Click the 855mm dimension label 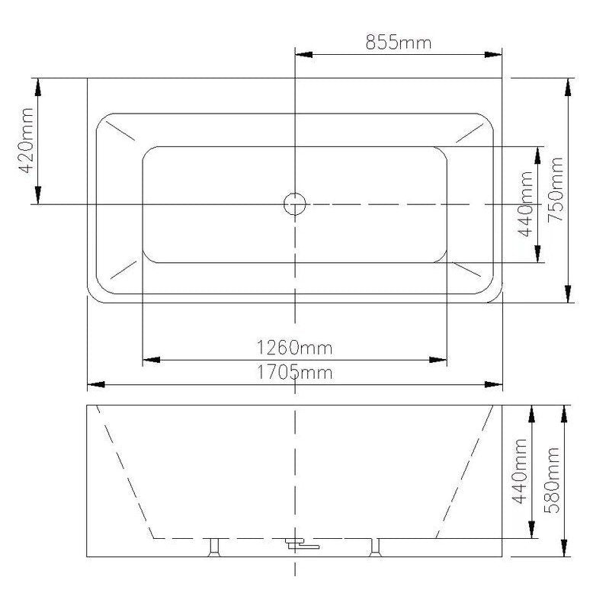(398, 42)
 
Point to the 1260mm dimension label (294, 348)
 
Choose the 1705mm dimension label (294, 373)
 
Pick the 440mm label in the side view (521, 470)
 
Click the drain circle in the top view (294, 204)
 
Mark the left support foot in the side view (214, 546)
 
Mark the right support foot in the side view (375, 546)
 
